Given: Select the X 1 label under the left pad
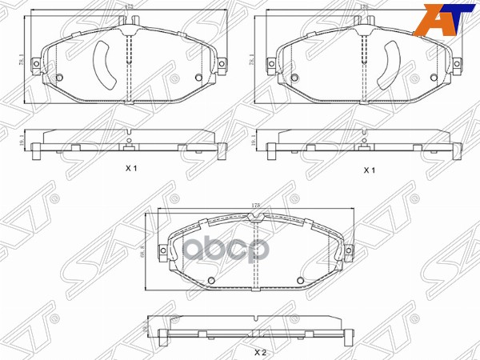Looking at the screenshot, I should tap(132, 169).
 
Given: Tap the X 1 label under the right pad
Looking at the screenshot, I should tap(369, 170).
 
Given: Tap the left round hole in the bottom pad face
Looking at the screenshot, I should tap(210, 279).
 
